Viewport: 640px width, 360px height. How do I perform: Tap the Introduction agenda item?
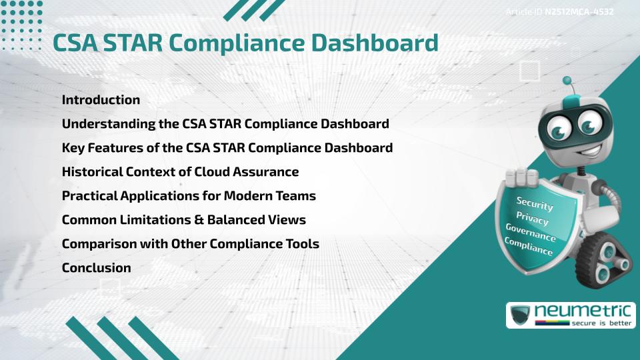pyautogui.click(x=101, y=100)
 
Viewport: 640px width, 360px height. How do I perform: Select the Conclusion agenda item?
pyautogui.click(x=96, y=268)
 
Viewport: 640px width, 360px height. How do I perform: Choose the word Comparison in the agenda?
pyautogui.click(x=97, y=244)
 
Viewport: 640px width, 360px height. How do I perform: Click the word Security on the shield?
pyautogui.click(x=534, y=204)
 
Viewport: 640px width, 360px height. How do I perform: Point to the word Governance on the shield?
pyautogui.click(x=531, y=233)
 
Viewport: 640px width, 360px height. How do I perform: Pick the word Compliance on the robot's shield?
pyautogui.click(x=529, y=247)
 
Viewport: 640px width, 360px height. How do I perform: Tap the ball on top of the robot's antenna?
pyautogui.click(x=567, y=81)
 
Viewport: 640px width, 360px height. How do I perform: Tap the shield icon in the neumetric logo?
pyautogui.click(x=521, y=314)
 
